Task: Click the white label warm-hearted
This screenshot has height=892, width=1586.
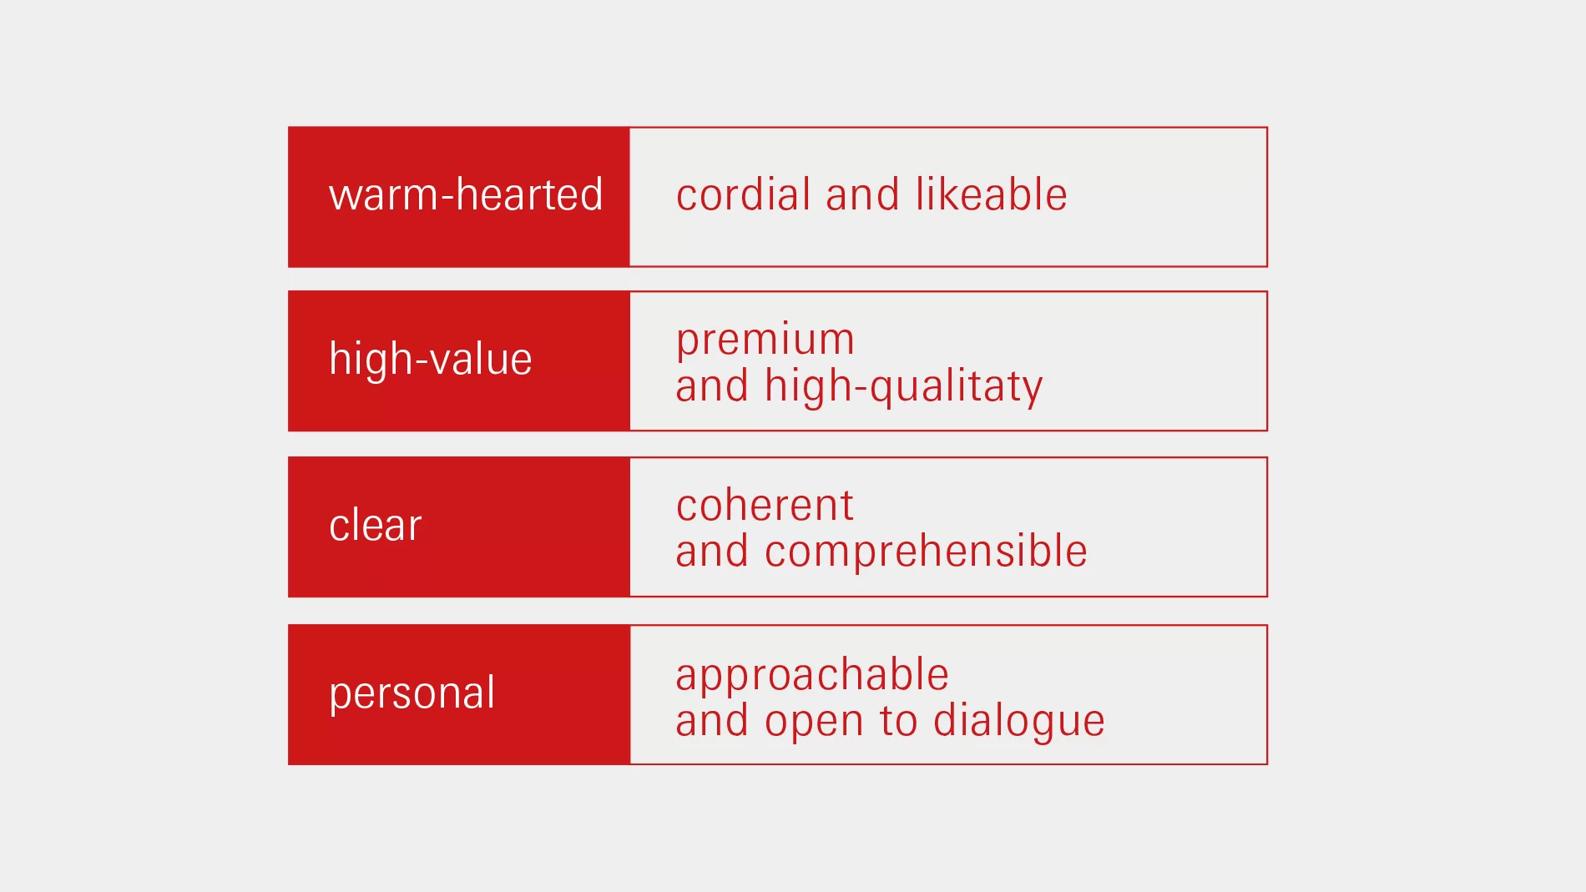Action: coord(466,194)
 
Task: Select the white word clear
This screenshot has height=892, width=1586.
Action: coord(376,525)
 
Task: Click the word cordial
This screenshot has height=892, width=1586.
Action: coord(743,194)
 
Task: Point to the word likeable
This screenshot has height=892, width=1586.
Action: coord(992,194)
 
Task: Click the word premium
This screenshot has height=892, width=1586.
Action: coord(765,340)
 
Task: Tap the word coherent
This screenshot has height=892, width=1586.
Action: coord(765,506)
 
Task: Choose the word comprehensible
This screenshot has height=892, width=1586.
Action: coord(926,552)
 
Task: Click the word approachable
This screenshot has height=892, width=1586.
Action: coord(812,676)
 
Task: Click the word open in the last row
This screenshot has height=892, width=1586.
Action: coord(814,723)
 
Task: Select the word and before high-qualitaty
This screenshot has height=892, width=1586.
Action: coord(712,386)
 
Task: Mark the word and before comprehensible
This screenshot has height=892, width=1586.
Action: coord(712,552)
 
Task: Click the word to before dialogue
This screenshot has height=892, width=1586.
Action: coord(898,721)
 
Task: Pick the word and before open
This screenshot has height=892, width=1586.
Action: coord(712,720)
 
